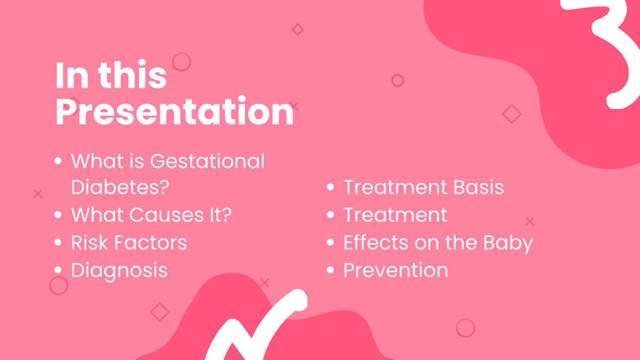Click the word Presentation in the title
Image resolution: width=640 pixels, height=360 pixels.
[x=175, y=113]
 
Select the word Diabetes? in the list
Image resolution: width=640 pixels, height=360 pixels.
[x=120, y=188]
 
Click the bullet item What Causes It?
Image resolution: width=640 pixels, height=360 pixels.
[x=151, y=215]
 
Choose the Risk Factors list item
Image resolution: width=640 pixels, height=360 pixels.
[x=129, y=242]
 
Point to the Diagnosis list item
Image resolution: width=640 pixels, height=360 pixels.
[x=119, y=270]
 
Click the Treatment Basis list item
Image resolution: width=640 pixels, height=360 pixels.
[x=423, y=188]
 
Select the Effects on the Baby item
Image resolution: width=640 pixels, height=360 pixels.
[x=438, y=242]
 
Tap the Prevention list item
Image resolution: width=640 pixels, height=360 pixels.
[x=396, y=270]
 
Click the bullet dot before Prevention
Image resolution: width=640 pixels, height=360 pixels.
[x=330, y=271]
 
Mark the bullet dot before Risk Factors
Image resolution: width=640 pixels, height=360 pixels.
[x=58, y=243]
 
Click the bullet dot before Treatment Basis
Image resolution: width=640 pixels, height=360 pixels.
[x=330, y=188]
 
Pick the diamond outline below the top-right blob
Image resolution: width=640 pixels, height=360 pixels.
[x=512, y=113]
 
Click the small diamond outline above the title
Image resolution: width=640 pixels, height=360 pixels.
[x=297, y=30]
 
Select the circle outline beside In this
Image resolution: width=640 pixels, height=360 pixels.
[x=181, y=62]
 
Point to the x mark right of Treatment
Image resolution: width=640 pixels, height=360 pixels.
[x=529, y=222]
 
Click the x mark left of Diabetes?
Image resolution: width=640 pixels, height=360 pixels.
[x=38, y=193]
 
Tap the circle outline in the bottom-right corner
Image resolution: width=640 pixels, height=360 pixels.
[x=465, y=328]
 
